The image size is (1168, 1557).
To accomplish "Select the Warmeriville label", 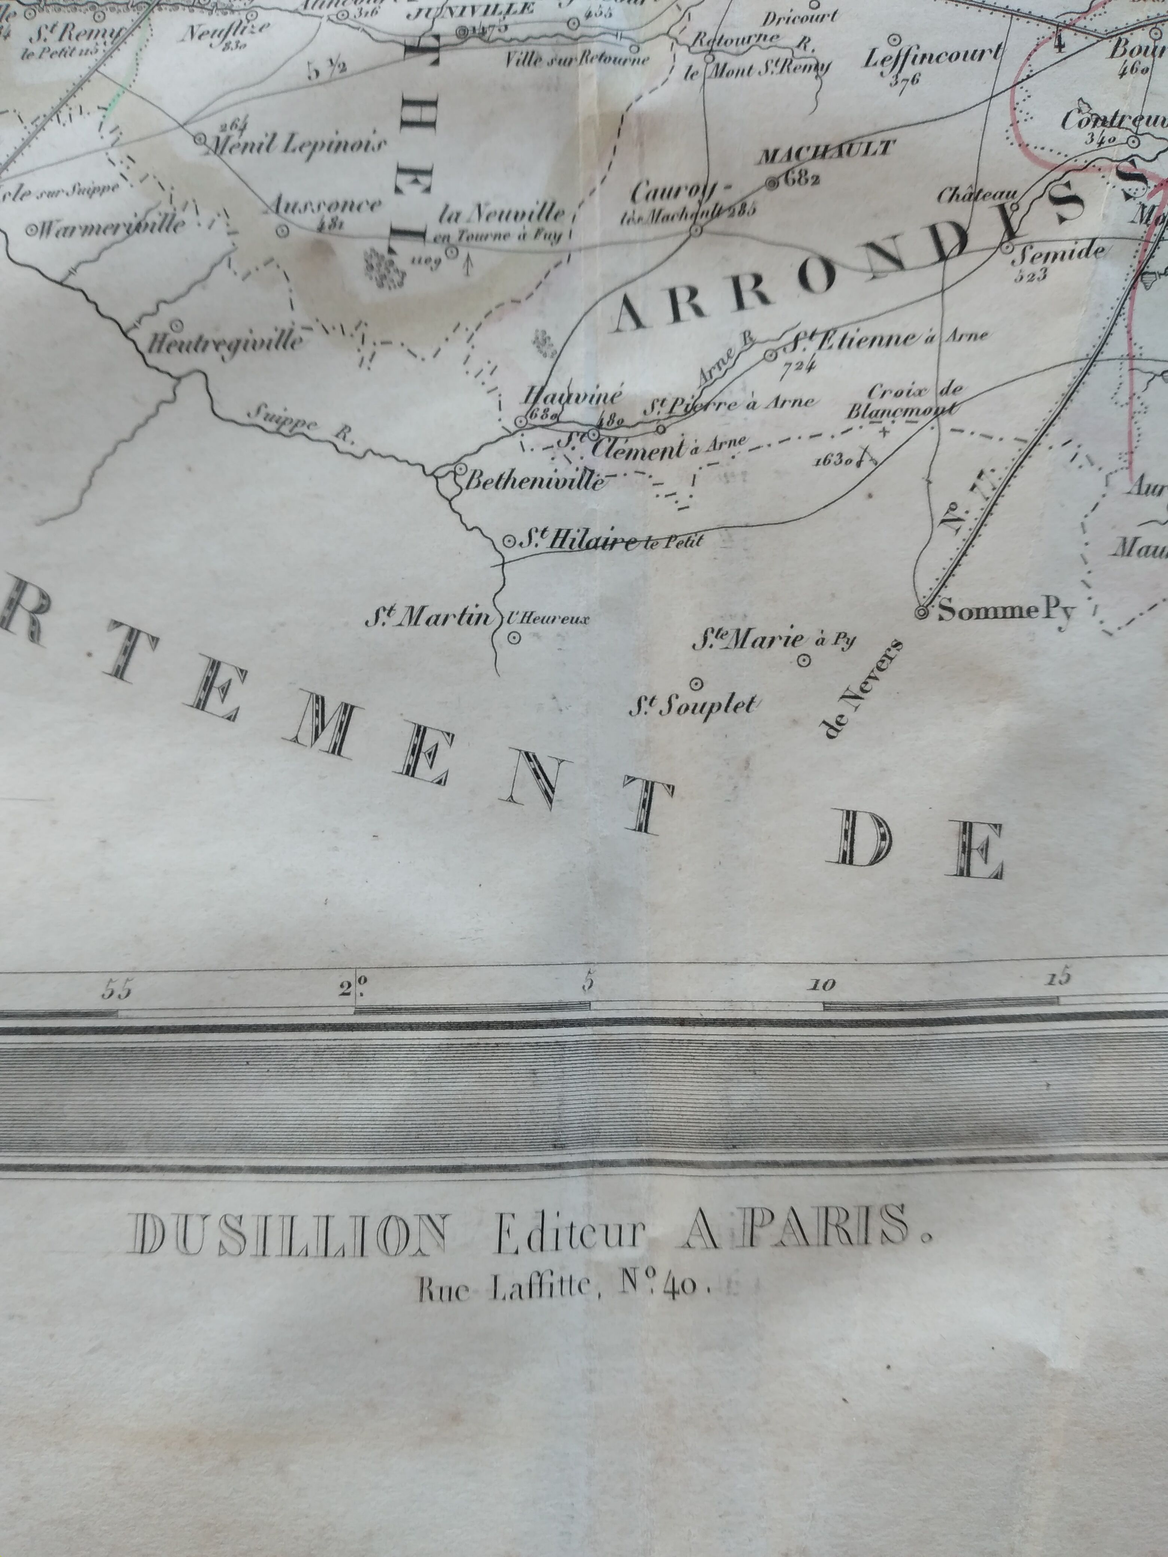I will pyautogui.click(x=113, y=227).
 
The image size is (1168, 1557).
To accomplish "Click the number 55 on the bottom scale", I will pyautogui.click(x=116, y=990).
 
